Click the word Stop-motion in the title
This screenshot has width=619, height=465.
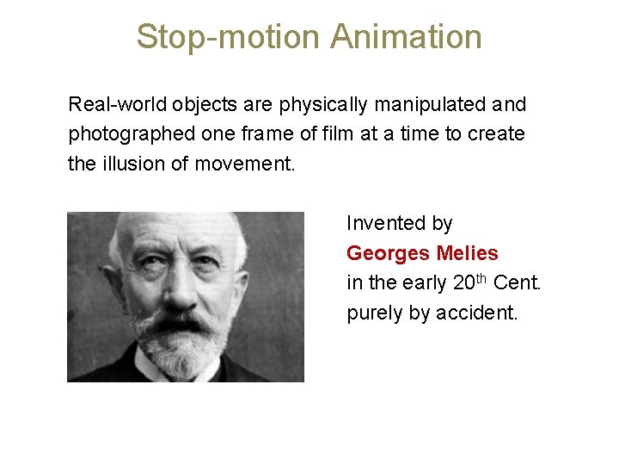coord(227,37)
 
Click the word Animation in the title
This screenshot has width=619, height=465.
coord(405,37)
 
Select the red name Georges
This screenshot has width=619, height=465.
coord(388,253)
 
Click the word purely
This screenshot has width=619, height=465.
coord(375,313)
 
